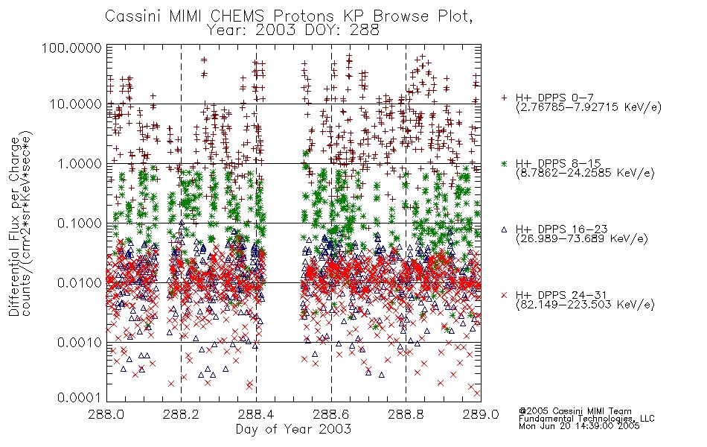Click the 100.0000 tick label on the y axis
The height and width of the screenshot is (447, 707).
pos(71,48)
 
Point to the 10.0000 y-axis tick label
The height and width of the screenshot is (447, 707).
pos(75,104)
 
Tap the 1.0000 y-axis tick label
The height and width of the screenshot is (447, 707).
pos(80,163)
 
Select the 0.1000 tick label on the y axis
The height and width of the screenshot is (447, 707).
pos(80,223)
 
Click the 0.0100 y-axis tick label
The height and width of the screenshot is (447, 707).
pos(80,283)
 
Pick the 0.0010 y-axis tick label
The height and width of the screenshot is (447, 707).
pos(80,343)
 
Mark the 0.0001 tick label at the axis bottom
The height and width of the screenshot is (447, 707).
pos(80,397)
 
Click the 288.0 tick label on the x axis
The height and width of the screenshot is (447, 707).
pos(106,414)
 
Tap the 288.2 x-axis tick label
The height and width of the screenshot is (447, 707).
pos(182,414)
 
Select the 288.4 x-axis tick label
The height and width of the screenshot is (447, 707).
pos(256,414)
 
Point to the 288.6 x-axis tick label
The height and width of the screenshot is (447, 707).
pos(331,414)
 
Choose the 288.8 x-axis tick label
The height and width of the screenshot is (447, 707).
pos(406,414)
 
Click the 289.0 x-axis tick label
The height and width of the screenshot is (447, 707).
pos(481,414)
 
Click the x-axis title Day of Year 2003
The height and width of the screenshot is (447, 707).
pos(293,429)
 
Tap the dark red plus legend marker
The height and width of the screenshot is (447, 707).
pos(504,97)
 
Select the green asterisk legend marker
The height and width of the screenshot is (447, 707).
pos(504,163)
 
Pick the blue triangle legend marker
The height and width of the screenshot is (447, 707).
pos(504,229)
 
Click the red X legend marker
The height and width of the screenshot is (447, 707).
pos(504,295)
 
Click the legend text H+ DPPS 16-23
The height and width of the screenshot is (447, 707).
pos(562,229)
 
